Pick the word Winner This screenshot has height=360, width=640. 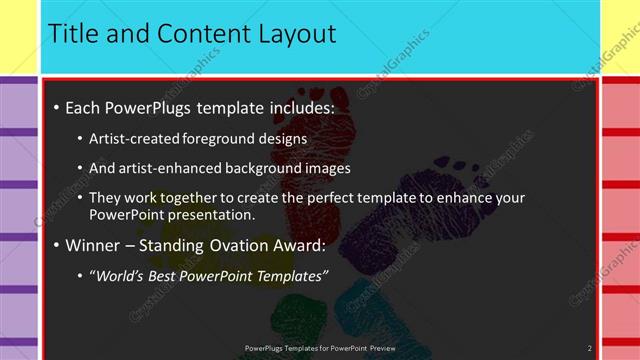click(94, 244)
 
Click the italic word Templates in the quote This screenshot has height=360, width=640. click(290, 275)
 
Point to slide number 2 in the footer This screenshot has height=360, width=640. click(589, 348)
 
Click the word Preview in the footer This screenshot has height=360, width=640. click(374, 348)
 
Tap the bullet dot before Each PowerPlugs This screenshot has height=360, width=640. click(57, 107)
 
